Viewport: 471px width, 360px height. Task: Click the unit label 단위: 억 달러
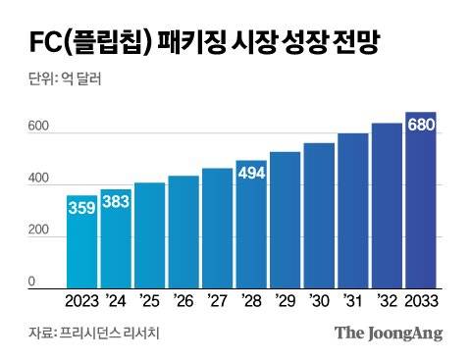[60, 80]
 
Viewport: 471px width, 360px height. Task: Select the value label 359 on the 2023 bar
[81, 208]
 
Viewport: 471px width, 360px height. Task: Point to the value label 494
[251, 174]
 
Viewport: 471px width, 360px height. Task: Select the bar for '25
[150, 235]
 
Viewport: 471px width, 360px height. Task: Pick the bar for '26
[183, 231]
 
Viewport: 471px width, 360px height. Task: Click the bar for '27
[217, 229]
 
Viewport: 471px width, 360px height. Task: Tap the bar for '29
[285, 220]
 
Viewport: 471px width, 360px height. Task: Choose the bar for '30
[319, 216]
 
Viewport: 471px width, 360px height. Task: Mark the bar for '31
[352, 211]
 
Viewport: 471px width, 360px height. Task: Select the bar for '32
[387, 206]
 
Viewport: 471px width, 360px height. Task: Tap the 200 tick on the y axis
[38, 231]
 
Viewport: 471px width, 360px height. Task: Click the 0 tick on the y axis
[31, 282]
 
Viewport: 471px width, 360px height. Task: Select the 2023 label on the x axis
[81, 300]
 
